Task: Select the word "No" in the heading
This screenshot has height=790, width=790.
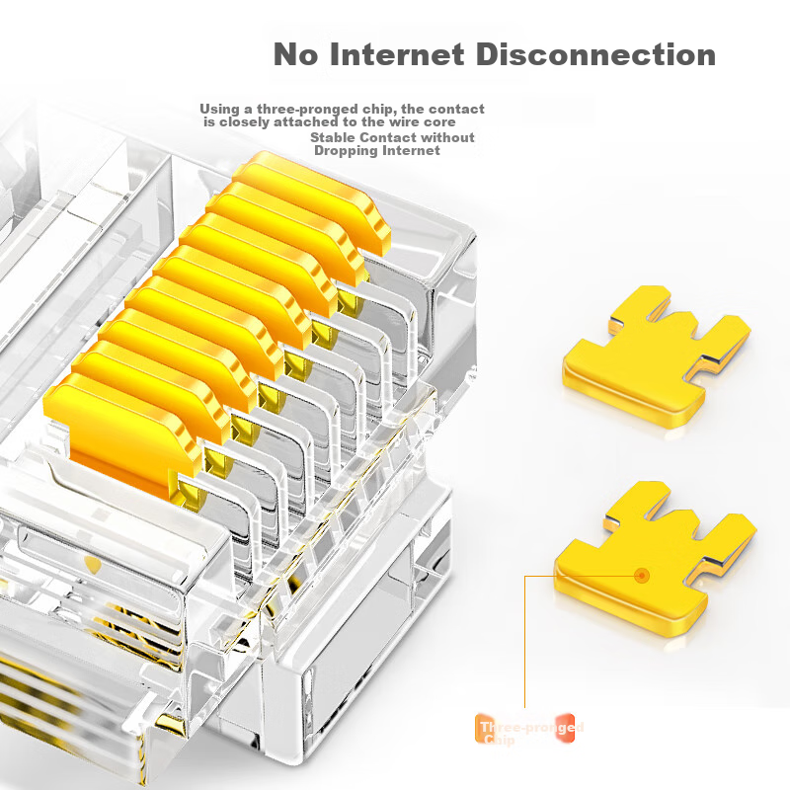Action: click(x=295, y=54)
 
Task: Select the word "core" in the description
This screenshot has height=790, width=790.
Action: click(x=451, y=122)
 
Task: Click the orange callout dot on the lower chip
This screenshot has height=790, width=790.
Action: click(x=643, y=574)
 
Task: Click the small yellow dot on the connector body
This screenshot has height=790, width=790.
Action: click(x=94, y=565)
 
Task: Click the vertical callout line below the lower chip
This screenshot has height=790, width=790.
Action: click(x=525, y=642)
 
